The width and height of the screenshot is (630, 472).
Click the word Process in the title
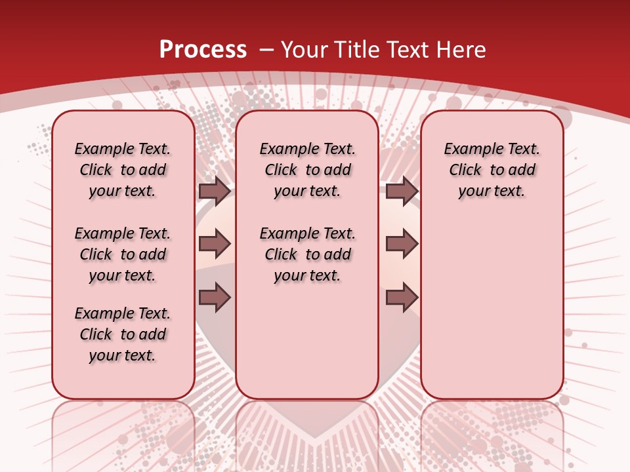pos(203,49)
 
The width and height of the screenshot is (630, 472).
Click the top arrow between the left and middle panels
pos(215,191)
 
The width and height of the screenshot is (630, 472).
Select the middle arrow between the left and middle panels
pos(215,245)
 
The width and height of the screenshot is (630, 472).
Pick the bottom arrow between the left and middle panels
pos(215,298)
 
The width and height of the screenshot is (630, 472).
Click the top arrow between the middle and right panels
pos(402,191)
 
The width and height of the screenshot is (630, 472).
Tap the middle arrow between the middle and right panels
pos(402,245)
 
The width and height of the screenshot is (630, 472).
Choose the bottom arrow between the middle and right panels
pos(402,298)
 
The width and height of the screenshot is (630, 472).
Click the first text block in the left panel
pos(123,170)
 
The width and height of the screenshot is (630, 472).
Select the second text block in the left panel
pos(123,254)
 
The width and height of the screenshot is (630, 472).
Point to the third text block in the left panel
pos(123,334)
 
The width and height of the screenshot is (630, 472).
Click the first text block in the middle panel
pos(307,170)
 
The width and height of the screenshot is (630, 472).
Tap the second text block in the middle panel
pos(307,254)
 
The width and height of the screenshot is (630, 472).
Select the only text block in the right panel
pos(492,170)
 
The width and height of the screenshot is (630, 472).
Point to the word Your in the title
pos(303,49)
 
